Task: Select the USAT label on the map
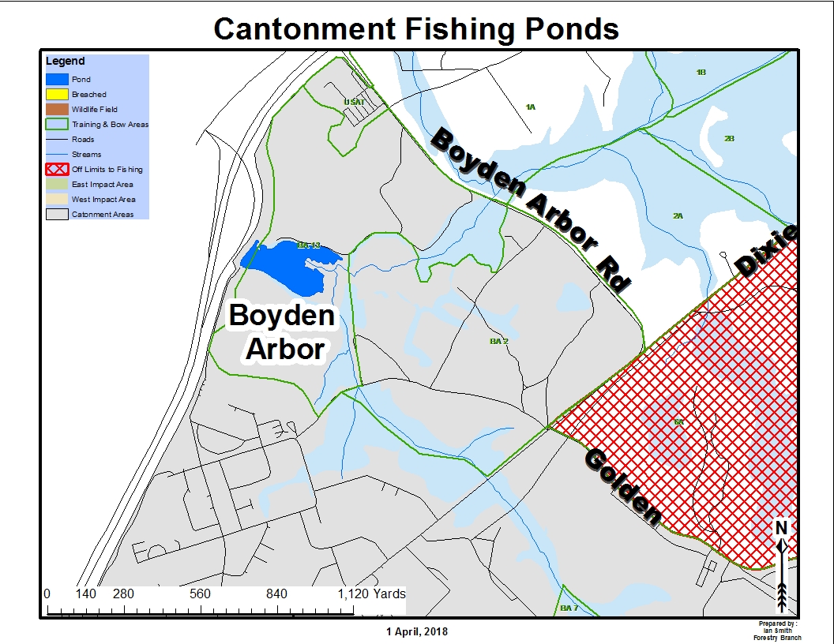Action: (x=354, y=103)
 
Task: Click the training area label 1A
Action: (x=531, y=107)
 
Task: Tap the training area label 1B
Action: (x=701, y=73)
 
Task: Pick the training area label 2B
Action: (x=729, y=139)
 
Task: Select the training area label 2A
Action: (x=678, y=215)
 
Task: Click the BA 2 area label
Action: (x=498, y=341)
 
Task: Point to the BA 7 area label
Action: (x=569, y=608)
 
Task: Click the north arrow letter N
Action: (x=781, y=527)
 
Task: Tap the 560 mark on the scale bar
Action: (x=201, y=594)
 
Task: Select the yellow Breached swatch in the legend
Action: (x=57, y=95)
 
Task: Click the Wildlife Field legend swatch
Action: (x=57, y=110)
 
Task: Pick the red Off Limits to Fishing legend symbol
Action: (x=57, y=170)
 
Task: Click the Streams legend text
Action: (x=86, y=155)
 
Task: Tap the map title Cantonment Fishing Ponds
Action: (x=416, y=29)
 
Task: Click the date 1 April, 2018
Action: (x=417, y=631)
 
